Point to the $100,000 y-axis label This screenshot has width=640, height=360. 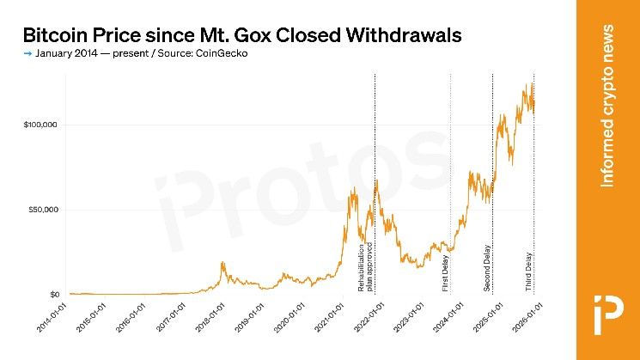click(x=40, y=125)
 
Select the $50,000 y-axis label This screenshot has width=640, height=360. click(x=42, y=210)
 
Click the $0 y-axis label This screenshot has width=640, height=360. click(x=53, y=295)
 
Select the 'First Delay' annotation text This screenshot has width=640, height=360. click(x=445, y=272)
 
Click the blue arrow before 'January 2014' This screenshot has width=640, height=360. click(x=28, y=54)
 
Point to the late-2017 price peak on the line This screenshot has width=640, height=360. click(x=222, y=263)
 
